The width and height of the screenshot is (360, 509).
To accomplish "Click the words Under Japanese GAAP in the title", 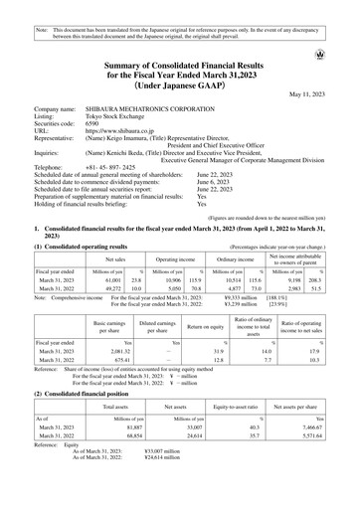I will (x=180, y=84).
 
